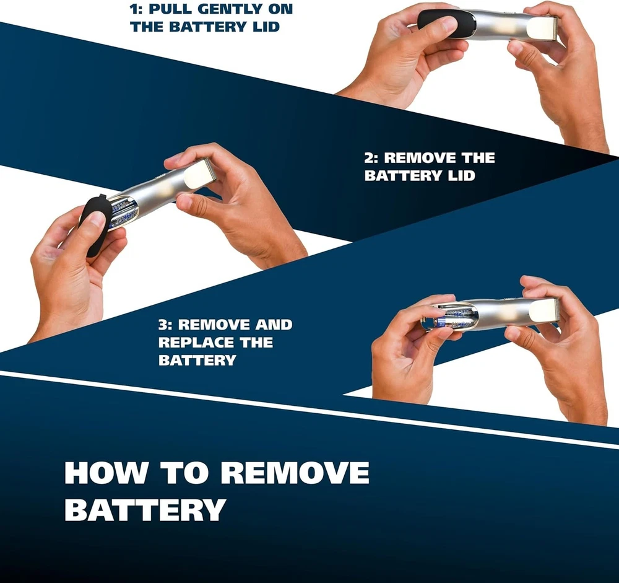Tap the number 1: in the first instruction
coord(136,9)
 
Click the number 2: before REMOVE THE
coord(371,158)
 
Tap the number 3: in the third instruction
coord(166,325)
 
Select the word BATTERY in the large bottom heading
coord(145,510)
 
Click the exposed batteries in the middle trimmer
coord(124,213)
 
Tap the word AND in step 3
coord(274,325)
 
